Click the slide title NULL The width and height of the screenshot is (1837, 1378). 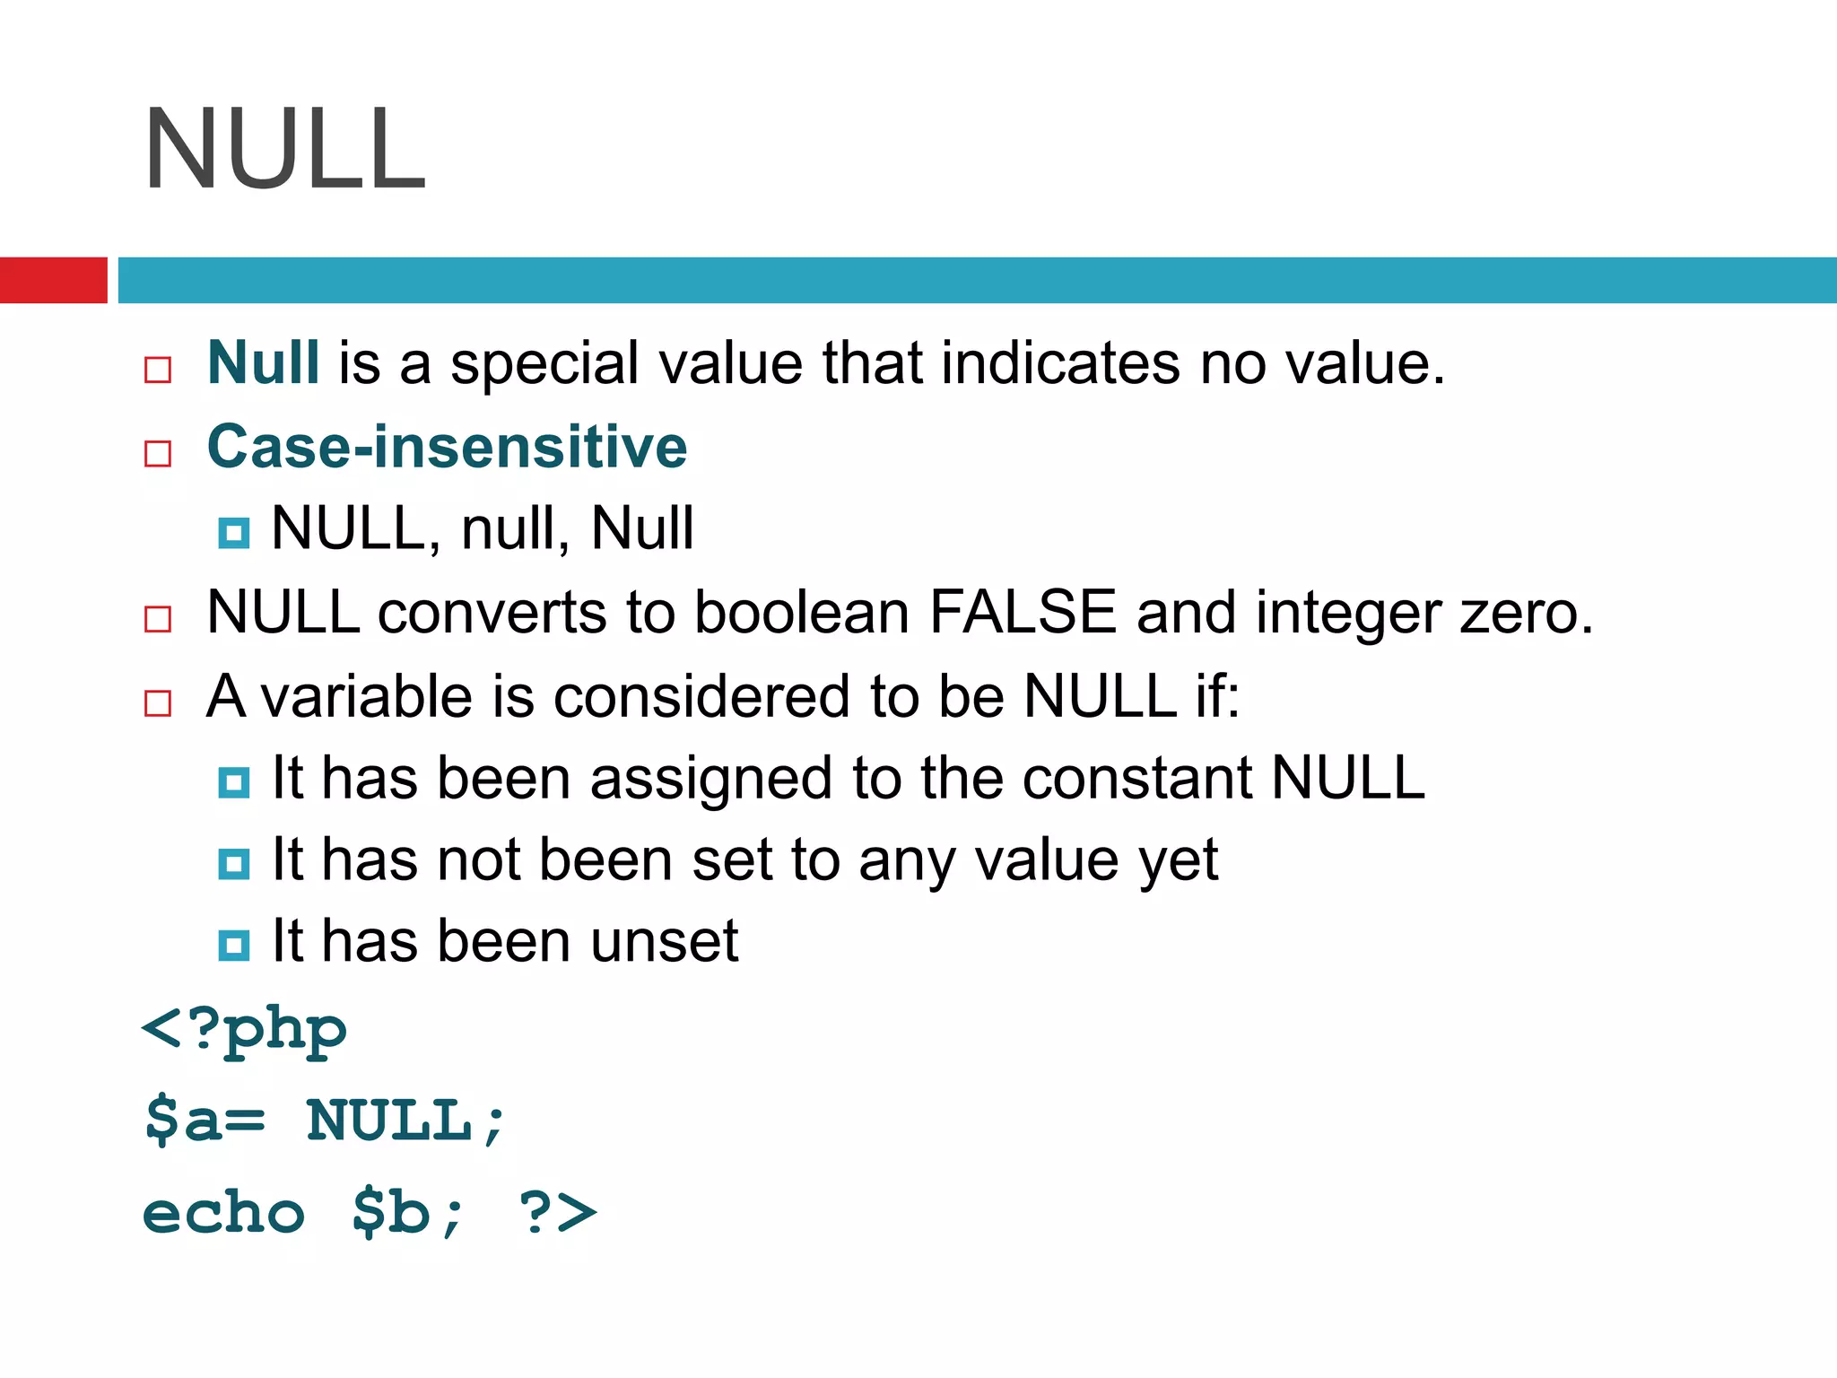[285, 150]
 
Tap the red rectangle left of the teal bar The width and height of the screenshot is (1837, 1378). [53, 280]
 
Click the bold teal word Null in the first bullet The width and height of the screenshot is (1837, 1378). [263, 363]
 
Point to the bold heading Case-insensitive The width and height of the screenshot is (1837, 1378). [447, 447]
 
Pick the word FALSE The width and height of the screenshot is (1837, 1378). [1023, 613]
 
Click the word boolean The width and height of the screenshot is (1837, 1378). [802, 613]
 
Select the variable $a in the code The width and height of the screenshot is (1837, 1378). [183, 1121]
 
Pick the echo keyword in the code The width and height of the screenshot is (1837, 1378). [224, 1213]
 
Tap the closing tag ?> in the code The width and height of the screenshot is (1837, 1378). [557, 1213]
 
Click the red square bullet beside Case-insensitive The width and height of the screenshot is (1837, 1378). [158, 453]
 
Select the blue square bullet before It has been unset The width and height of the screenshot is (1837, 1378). [234, 945]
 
